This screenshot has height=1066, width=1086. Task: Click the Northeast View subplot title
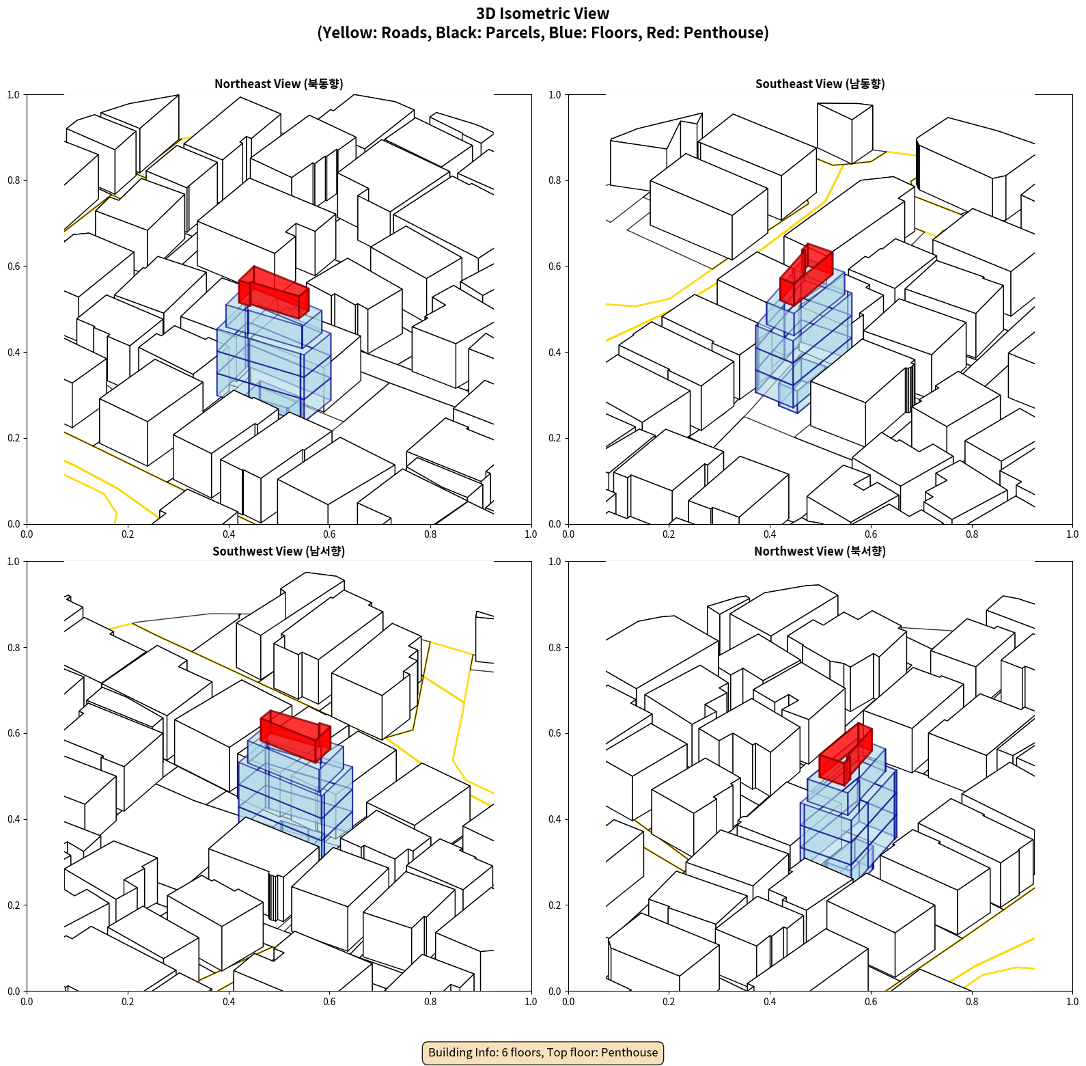(279, 84)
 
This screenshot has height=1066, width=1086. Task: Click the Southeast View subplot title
(820, 84)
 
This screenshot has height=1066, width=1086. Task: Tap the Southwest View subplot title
(279, 551)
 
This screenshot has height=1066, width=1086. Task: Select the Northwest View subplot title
(820, 551)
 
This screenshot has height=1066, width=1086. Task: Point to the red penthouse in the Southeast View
(806, 273)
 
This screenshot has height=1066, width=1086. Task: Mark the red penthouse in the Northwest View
(846, 754)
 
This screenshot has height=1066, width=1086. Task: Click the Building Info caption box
(543, 1052)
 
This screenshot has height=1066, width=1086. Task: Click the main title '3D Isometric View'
(543, 14)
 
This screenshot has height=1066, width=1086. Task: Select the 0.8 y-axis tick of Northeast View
(14, 180)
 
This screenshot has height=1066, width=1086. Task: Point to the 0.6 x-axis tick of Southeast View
(871, 534)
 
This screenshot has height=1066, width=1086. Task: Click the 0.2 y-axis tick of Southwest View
(14, 905)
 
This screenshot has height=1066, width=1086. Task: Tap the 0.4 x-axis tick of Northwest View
(770, 1002)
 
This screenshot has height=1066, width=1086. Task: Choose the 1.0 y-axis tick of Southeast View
(555, 94)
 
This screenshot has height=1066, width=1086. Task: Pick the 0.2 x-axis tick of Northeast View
(128, 534)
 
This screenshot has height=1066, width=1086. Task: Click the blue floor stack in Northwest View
(848, 813)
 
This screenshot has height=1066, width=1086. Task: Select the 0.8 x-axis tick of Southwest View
(430, 1002)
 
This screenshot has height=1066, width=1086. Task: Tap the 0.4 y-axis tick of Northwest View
(555, 819)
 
